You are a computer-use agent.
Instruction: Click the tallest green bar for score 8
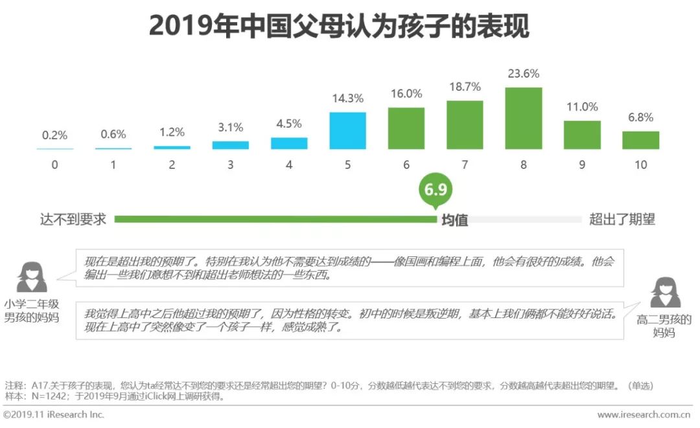point(523,118)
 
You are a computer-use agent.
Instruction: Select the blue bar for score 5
point(347,131)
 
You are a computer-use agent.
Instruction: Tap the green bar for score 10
point(640,140)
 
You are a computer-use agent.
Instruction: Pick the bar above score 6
point(406,128)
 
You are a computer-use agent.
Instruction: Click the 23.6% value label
point(523,74)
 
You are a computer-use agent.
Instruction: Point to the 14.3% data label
point(347,98)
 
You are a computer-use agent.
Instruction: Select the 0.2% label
point(54,135)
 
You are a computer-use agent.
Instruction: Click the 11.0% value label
point(582,107)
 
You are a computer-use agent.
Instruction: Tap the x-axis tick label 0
point(54,165)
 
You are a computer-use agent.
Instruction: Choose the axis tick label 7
point(465,165)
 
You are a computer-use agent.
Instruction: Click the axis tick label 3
point(230,165)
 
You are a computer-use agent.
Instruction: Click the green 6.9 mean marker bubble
point(435,190)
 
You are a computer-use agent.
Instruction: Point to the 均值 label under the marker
point(454,220)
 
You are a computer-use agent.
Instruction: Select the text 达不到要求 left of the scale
point(73,220)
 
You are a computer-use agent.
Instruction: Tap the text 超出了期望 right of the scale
point(622,220)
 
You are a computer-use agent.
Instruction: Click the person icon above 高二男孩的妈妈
point(664,293)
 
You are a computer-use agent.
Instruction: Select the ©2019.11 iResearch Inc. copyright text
point(54,414)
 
